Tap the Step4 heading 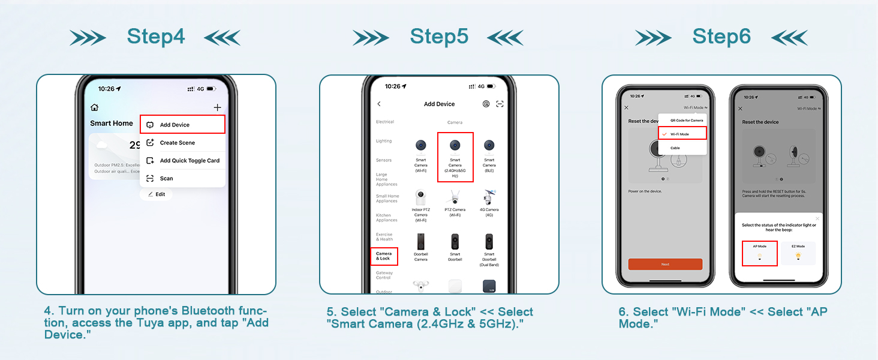click(156, 37)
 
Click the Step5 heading click(438, 37)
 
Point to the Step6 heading click(721, 37)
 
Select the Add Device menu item click(182, 125)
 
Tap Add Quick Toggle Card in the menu click(182, 161)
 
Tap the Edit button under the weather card click(156, 194)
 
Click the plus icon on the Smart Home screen click(217, 107)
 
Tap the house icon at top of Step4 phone click(94, 107)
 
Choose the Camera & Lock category click(383, 256)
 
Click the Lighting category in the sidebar click(384, 141)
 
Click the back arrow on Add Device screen click(379, 104)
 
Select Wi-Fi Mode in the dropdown click(682, 134)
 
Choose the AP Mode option click(759, 253)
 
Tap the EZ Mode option click(798, 253)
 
